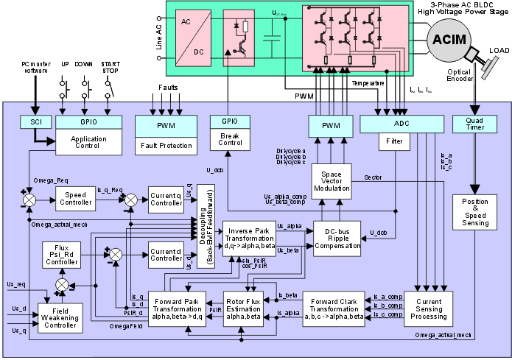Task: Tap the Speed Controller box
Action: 78,198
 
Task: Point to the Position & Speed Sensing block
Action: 474,211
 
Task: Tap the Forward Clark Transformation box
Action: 334,309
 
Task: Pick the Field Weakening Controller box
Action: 63,316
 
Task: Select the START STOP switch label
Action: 111,67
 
